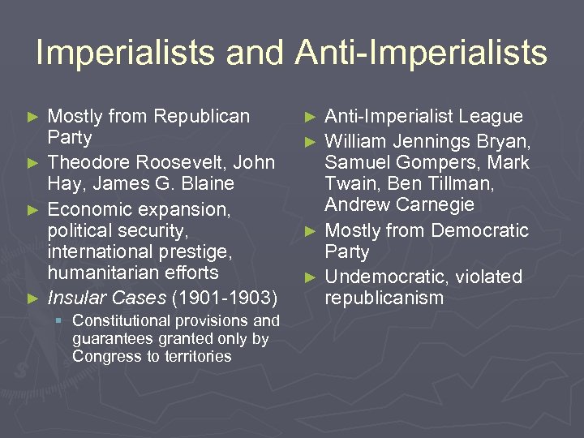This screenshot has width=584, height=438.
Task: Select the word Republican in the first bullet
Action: coord(203,116)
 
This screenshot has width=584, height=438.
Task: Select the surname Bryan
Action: coord(504,141)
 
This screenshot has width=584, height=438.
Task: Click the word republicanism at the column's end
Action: coord(384,298)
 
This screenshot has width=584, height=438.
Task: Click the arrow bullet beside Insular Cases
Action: coord(32,298)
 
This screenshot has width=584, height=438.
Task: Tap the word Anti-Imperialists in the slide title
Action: coord(422,54)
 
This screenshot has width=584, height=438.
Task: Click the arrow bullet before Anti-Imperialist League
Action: coord(309,117)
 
